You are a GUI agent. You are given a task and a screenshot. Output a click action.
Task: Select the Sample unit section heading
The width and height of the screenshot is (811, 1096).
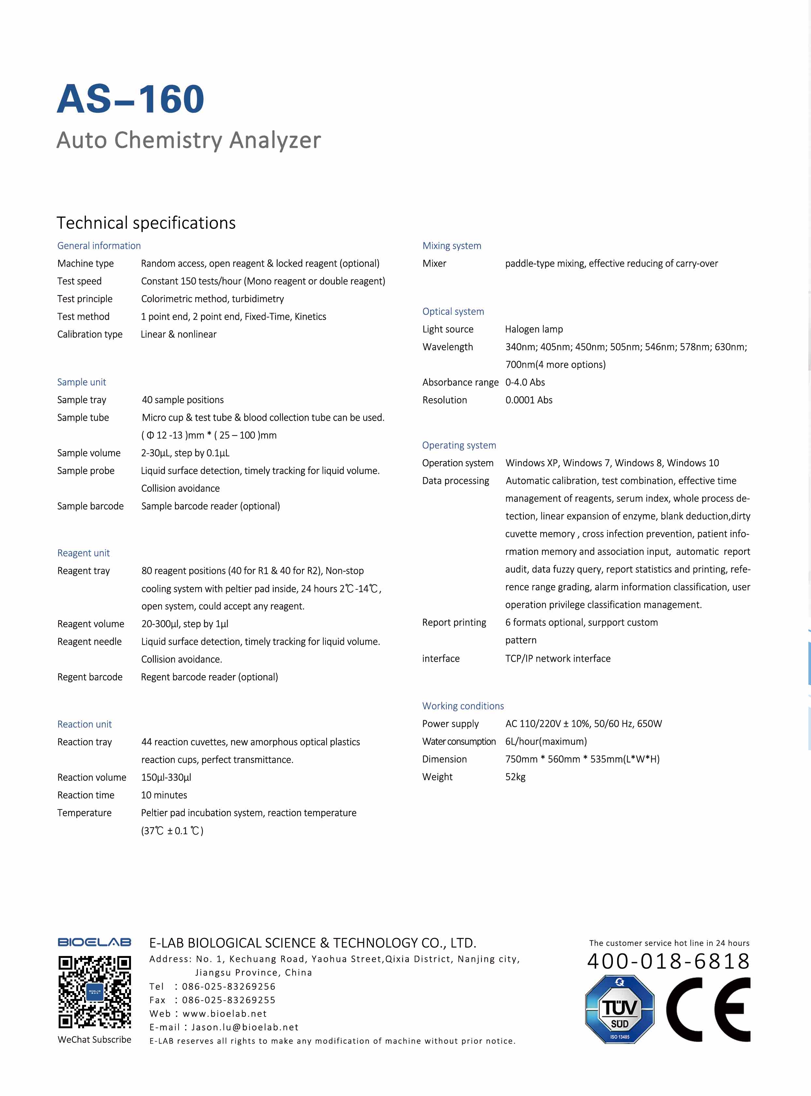pyautogui.click(x=81, y=382)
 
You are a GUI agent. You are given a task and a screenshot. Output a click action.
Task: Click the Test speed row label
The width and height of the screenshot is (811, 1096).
pyautogui.click(x=79, y=281)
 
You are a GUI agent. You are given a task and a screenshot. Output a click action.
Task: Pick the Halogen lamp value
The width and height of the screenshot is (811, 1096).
pyautogui.click(x=534, y=329)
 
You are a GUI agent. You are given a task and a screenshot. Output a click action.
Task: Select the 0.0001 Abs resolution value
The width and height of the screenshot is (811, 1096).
pyautogui.click(x=529, y=400)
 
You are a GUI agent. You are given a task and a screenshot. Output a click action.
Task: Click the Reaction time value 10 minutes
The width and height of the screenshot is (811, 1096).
pyautogui.click(x=164, y=795)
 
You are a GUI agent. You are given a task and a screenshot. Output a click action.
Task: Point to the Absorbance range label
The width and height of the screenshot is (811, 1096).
pyautogui.click(x=460, y=382)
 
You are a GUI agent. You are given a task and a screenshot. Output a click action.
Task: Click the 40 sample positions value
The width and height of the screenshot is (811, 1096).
pyautogui.click(x=182, y=400)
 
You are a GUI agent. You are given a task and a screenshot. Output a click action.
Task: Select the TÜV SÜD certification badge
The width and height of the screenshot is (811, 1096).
pyautogui.click(x=619, y=1009)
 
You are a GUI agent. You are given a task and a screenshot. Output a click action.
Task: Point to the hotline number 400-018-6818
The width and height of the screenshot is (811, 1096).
pyautogui.click(x=668, y=962)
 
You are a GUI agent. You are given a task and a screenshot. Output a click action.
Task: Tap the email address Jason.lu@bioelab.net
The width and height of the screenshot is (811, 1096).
pyautogui.click(x=244, y=1027)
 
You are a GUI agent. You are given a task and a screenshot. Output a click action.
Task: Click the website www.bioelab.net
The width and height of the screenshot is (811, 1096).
pyautogui.click(x=224, y=1014)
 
